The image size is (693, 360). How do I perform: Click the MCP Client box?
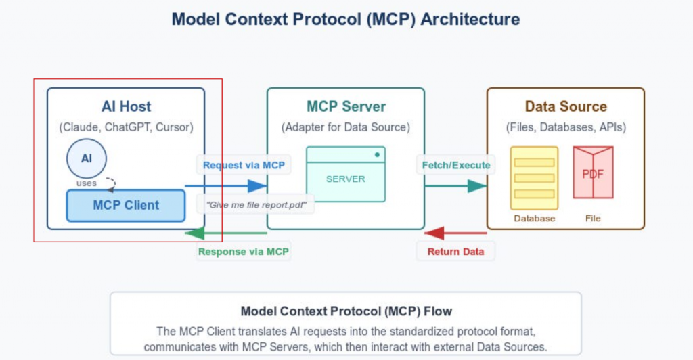coord(126,205)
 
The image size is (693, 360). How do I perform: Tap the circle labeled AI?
coord(87,159)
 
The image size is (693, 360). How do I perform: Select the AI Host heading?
coord(125,107)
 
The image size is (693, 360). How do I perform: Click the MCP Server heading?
coord(345,107)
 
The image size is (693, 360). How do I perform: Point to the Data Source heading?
coord(566,107)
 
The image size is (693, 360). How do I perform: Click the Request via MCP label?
coord(244,165)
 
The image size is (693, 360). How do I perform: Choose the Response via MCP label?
coord(244,252)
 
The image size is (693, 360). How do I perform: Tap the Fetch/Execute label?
coord(456,165)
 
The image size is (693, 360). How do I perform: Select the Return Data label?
coord(455,252)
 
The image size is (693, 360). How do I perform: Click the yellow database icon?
coord(534,178)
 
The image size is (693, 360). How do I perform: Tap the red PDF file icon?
coord(593,173)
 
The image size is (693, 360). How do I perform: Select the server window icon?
coord(345,174)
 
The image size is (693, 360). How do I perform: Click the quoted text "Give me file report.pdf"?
coord(256,204)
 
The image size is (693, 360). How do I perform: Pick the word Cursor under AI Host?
coord(174,127)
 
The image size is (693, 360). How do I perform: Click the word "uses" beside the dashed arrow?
coord(87,183)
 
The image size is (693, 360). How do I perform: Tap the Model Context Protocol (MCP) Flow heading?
coord(346,312)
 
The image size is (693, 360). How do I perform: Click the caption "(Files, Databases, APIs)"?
coord(566,127)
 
